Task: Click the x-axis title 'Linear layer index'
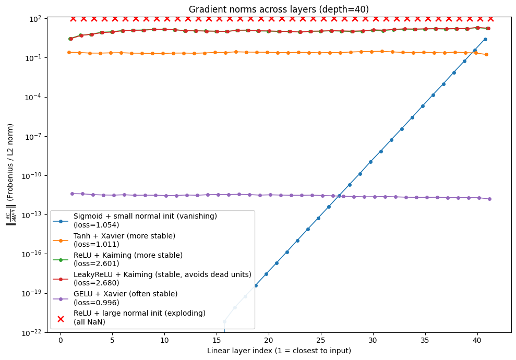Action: [279, 351]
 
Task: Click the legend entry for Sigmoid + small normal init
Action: [145, 221]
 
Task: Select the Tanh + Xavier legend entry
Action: [124, 240]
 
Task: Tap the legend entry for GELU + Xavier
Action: [125, 298]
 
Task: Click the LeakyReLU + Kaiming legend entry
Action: [162, 279]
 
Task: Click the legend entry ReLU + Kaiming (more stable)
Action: [128, 259]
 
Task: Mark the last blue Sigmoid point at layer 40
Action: [485, 39]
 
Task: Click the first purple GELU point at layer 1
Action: [72, 194]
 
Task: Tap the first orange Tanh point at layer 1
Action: [69, 52]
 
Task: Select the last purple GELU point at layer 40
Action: [489, 199]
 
